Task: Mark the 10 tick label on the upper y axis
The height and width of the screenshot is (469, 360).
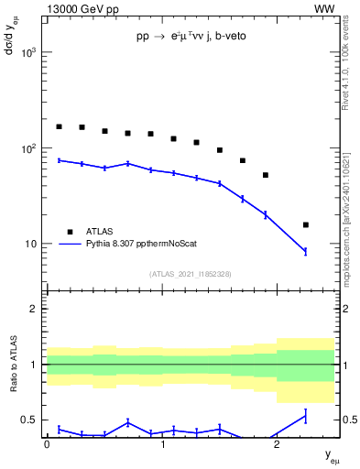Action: pyautogui.click(x=31, y=245)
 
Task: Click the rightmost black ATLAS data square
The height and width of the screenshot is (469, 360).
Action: pyautogui.click(x=306, y=224)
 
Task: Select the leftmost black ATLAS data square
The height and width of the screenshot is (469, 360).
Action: pyautogui.click(x=59, y=126)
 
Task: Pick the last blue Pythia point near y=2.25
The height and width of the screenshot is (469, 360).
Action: pyautogui.click(x=306, y=251)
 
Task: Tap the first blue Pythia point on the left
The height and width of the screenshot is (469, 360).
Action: pyautogui.click(x=59, y=160)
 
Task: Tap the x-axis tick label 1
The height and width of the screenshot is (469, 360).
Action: pyautogui.click(x=162, y=444)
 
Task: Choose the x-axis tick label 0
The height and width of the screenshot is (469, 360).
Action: pyautogui.click(x=47, y=444)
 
